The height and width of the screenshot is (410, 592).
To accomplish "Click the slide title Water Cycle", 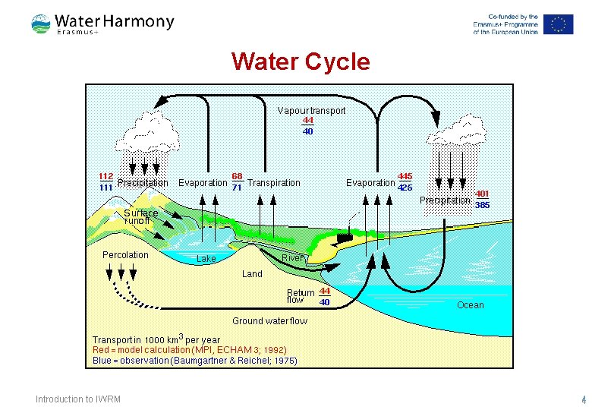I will pyautogui.click(x=300, y=61).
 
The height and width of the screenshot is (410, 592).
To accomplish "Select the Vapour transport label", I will pyautogui.click(x=311, y=111).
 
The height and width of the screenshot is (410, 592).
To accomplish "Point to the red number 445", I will pyautogui.click(x=405, y=176).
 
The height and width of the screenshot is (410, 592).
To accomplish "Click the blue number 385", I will pyautogui.click(x=481, y=205).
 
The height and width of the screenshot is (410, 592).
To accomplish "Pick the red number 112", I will pyautogui.click(x=106, y=176).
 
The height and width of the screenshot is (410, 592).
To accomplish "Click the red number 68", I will pyautogui.click(x=238, y=176).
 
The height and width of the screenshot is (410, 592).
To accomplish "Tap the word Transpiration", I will pyautogui.click(x=274, y=183).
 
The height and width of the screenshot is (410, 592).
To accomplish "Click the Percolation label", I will pyautogui.click(x=125, y=255).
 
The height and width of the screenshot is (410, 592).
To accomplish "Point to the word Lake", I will pyautogui.click(x=206, y=259).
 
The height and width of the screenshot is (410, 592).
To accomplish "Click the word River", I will pyautogui.click(x=292, y=258).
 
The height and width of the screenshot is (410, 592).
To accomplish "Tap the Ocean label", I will pyautogui.click(x=470, y=305).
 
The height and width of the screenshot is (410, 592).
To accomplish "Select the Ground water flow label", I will pyautogui.click(x=269, y=321).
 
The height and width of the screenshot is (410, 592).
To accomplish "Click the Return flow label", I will pyautogui.click(x=301, y=296).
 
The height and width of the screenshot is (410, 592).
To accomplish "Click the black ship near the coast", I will pyautogui.click(x=345, y=237).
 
